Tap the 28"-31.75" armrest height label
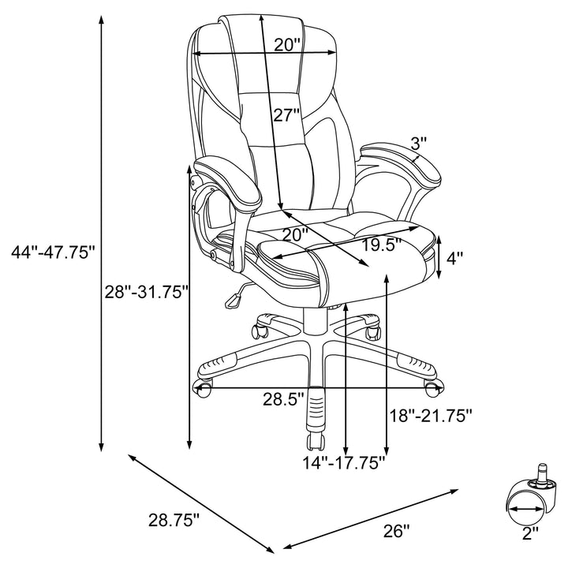click(146, 291)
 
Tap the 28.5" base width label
click(283, 399)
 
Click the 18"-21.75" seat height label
click(432, 414)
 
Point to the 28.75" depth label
click(174, 520)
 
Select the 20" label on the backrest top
click(287, 44)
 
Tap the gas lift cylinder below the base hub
click(316, 412)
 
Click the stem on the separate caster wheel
click(543, 472)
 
